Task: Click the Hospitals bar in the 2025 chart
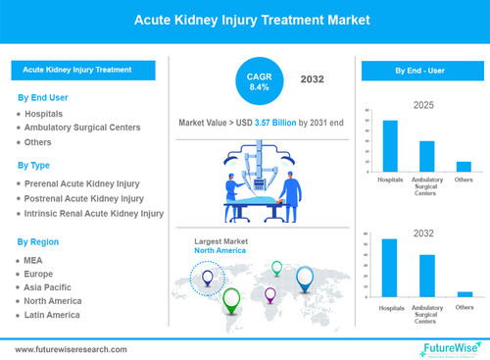pos(390,146)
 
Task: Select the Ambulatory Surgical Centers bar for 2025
pos(426,156)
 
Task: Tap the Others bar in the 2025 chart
pos(464,167)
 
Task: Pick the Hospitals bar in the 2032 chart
pos(390,267)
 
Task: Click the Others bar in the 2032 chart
pos(464,293)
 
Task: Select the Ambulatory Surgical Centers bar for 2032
pos(426,275)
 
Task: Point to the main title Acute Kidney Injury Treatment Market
pos(244,20)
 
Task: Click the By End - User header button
pos(420,72)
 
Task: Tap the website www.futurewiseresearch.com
pos(71,348)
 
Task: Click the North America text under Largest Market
pos(220,250)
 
